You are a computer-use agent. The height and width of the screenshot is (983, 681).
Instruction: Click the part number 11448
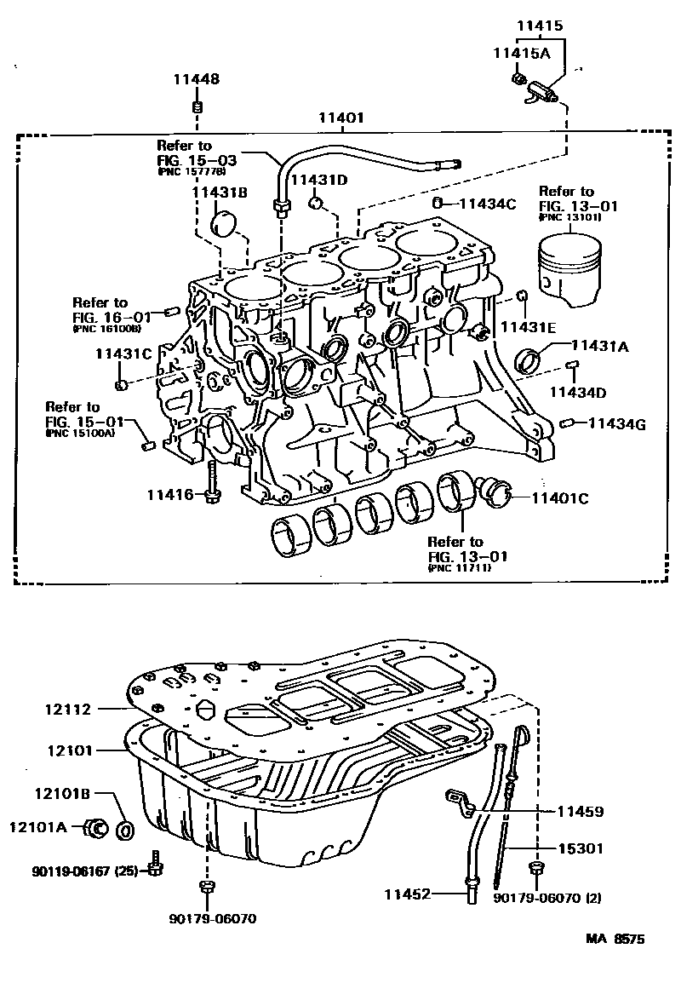[x=197, y=80]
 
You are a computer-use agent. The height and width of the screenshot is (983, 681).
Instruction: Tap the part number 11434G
[x=616, y=423]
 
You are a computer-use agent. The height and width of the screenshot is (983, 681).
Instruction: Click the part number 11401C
[x=560, y=498]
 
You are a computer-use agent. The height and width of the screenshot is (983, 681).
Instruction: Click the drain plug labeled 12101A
[x=96, y=826]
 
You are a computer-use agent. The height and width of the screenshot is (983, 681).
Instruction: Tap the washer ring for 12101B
[x=125, y=828]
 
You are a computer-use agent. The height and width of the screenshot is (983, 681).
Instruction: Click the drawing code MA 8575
[x=615, y=940]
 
